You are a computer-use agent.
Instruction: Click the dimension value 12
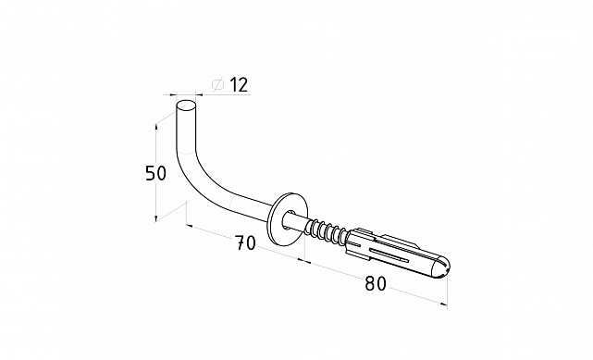pos(239,84)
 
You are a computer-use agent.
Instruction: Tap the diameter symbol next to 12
pos(218,85)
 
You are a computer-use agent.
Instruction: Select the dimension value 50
pos(155,173)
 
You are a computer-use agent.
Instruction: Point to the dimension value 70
pos(245,242)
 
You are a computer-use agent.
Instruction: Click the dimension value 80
pos(376,283)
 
